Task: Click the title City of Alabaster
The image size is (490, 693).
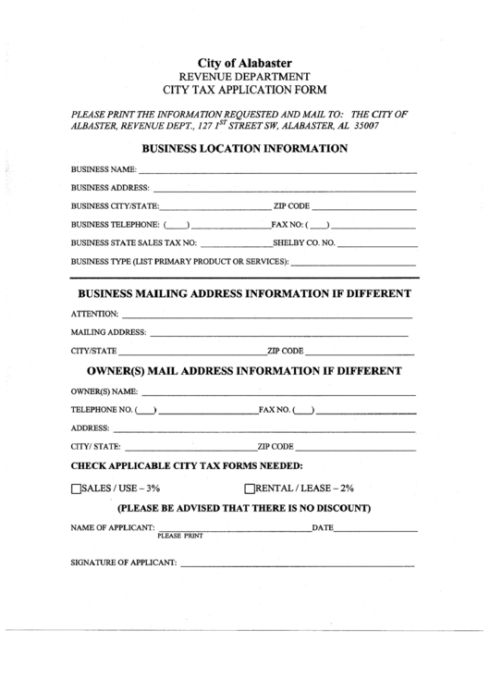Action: (244, 61)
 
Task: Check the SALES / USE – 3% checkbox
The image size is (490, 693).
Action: (77, 488)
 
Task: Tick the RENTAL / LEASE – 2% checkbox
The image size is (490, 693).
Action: (249, 488)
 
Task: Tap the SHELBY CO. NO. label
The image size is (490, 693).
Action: (307, 243)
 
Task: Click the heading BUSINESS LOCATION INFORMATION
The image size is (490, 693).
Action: (244, 147)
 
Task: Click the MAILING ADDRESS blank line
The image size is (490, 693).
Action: (277, 333)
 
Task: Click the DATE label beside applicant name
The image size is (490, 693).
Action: (322, 527)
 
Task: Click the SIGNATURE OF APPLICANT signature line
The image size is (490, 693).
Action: (298, 564)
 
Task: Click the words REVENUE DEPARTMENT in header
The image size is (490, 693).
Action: (244, 76)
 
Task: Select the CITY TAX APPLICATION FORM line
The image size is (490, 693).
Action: (244, 91)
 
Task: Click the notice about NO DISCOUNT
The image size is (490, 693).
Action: (244, 508)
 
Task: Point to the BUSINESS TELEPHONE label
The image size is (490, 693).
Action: (116, 225)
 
